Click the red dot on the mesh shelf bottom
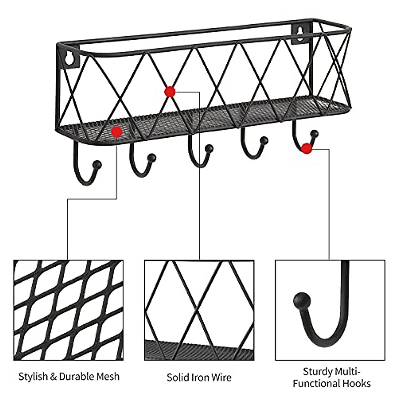click(117, 132)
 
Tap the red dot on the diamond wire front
click(170, 92)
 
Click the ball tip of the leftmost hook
click(97, 164)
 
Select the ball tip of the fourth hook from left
click(264, 141)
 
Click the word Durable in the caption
click(74, 376)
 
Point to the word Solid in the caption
click(178, 377)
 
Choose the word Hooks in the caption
click(356, 383)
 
